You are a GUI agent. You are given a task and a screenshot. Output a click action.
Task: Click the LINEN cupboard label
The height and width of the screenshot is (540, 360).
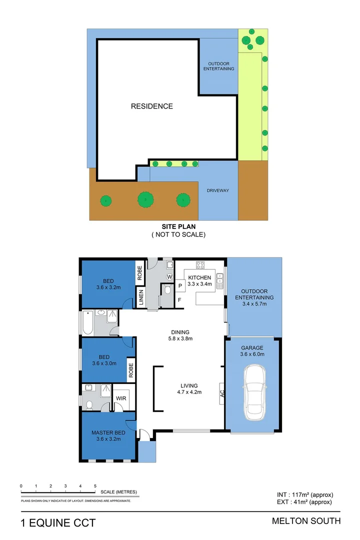pos(141,297)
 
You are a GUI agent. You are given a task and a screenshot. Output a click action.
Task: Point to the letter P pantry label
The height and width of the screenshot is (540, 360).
pos(179,285)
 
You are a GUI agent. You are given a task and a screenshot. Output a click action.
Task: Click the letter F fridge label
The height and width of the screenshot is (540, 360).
pos(179,300)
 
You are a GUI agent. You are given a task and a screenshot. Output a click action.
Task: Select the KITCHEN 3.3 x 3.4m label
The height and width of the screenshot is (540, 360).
pos(200,280)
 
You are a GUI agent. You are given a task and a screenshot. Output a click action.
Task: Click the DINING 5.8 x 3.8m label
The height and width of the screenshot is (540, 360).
pos(179,335)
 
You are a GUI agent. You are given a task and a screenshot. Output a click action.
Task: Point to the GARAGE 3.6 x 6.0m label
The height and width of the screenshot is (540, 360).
pos(252,351)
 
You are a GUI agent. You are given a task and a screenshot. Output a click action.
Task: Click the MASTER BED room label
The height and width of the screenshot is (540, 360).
pos(108,436)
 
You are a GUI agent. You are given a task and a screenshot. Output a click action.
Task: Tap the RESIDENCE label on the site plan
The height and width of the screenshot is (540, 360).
pos(152,106)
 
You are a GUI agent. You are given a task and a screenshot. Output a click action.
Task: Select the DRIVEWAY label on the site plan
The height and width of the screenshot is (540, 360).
pos(218,190)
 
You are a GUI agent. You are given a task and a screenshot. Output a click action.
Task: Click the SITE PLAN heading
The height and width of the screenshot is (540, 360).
pos(178,226)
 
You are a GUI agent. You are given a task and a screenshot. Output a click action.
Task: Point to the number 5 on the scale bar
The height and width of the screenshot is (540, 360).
pos(95,485)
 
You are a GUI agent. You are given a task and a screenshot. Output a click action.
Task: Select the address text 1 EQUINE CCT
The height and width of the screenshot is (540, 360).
pos(58,523)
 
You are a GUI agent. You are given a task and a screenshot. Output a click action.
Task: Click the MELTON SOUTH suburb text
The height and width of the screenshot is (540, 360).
pos(306,521)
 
